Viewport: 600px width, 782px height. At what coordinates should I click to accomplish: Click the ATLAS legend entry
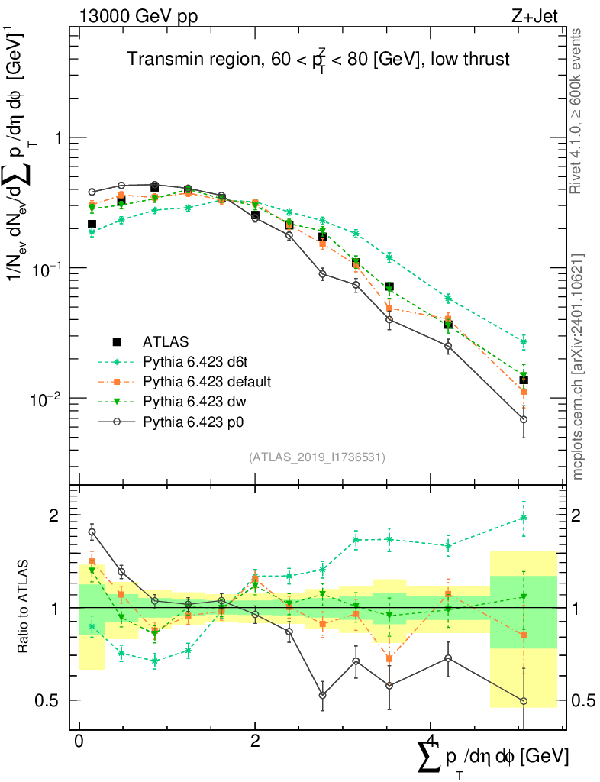click(x=166, y=341)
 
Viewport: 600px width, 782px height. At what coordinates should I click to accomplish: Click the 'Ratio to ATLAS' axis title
click(x=25, y=606)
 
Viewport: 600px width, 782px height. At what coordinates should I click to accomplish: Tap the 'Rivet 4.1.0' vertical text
click(x=577, y=111)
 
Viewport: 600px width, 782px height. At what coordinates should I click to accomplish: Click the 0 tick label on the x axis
click(x=79, y=742)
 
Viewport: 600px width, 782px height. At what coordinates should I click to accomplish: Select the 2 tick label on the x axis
click(x=255, y=742)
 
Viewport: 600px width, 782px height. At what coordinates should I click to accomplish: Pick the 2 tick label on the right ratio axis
click(x=584, y=516)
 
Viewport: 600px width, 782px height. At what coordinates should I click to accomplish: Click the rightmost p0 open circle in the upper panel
click(x=524, y=419)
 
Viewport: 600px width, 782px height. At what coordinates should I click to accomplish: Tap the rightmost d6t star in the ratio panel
click(x=524, y=517)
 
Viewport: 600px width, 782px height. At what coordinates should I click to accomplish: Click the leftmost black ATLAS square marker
click(x=92, y=225)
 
